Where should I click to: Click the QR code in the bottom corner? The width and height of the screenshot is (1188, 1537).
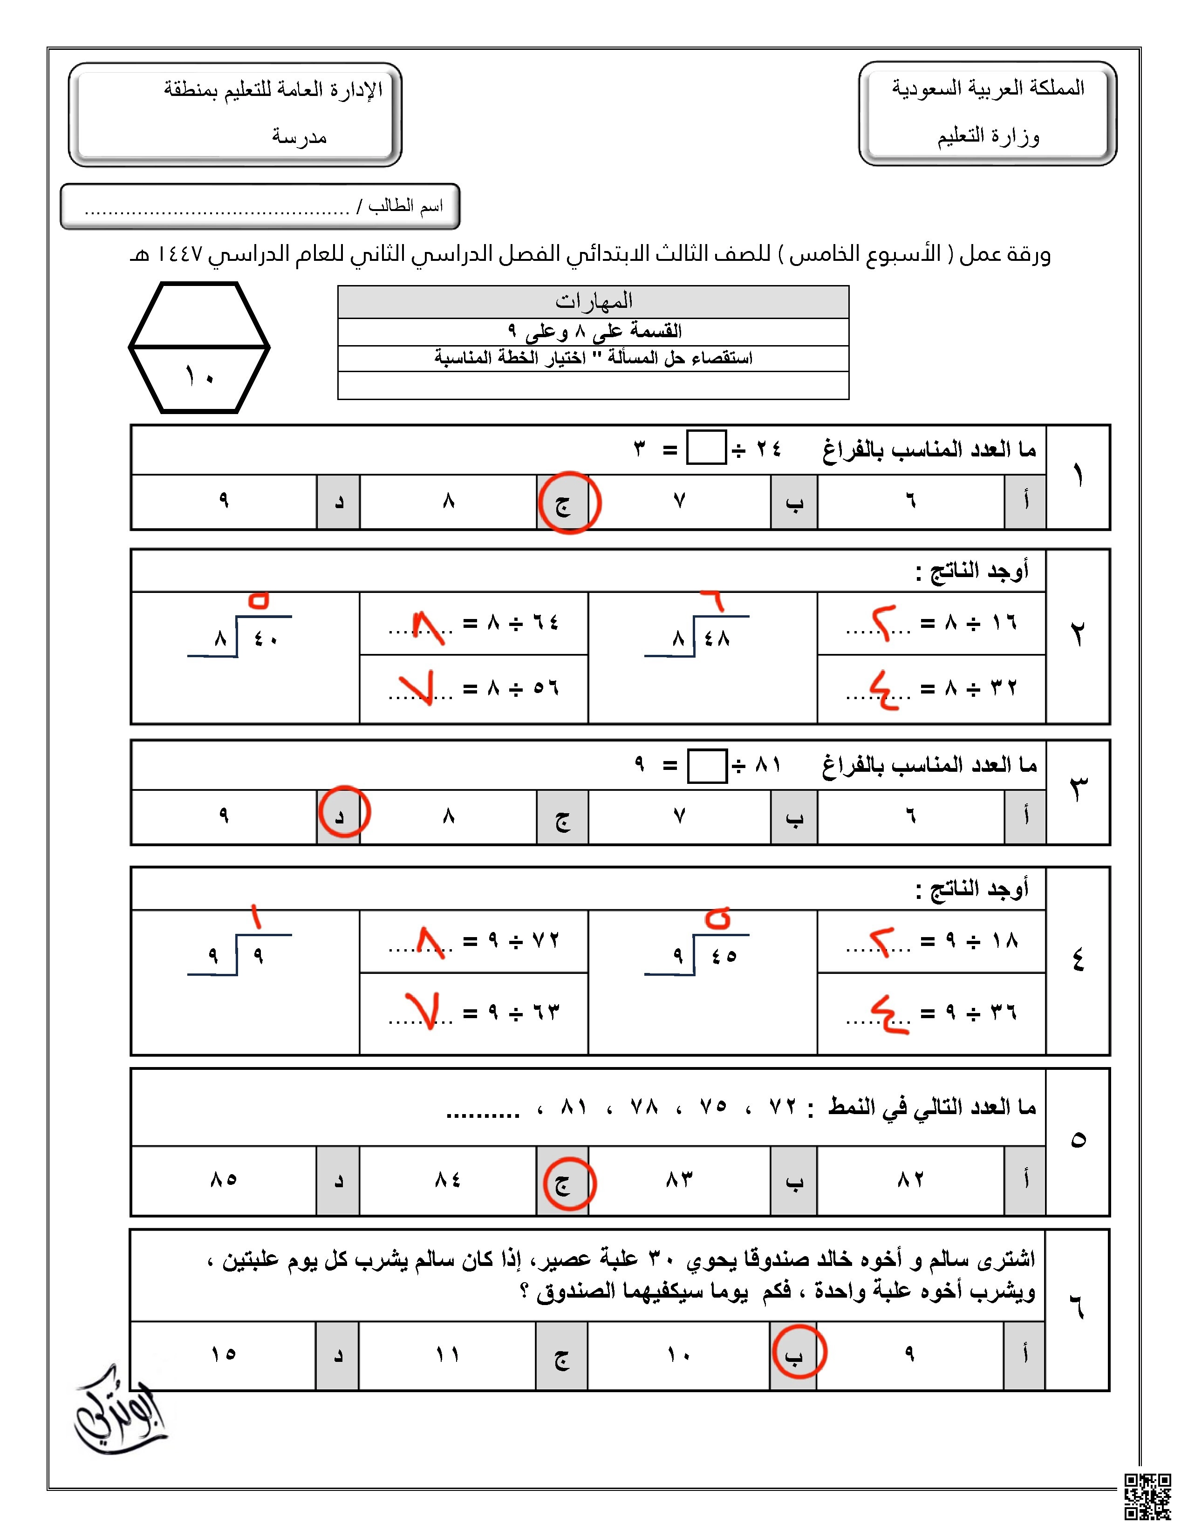tap(1147, 1496)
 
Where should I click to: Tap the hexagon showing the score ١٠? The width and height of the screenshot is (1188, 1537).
tap(199, 347)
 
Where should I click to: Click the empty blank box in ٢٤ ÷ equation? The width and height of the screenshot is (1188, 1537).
tap(706, 448)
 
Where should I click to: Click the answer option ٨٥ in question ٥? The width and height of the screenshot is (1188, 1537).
tap(224, 1179)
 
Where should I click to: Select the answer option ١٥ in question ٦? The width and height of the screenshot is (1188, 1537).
tap(223, 1354)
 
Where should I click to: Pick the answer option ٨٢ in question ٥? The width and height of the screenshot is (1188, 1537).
tap(910, 1179)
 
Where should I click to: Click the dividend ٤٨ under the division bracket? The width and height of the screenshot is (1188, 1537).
tap(717, 638)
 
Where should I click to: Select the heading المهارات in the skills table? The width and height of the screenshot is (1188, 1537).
tap(593, 302)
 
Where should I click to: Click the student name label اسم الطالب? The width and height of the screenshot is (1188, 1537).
tap(405, 206)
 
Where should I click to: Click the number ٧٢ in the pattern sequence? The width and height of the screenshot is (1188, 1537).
tap(782, 1107)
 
